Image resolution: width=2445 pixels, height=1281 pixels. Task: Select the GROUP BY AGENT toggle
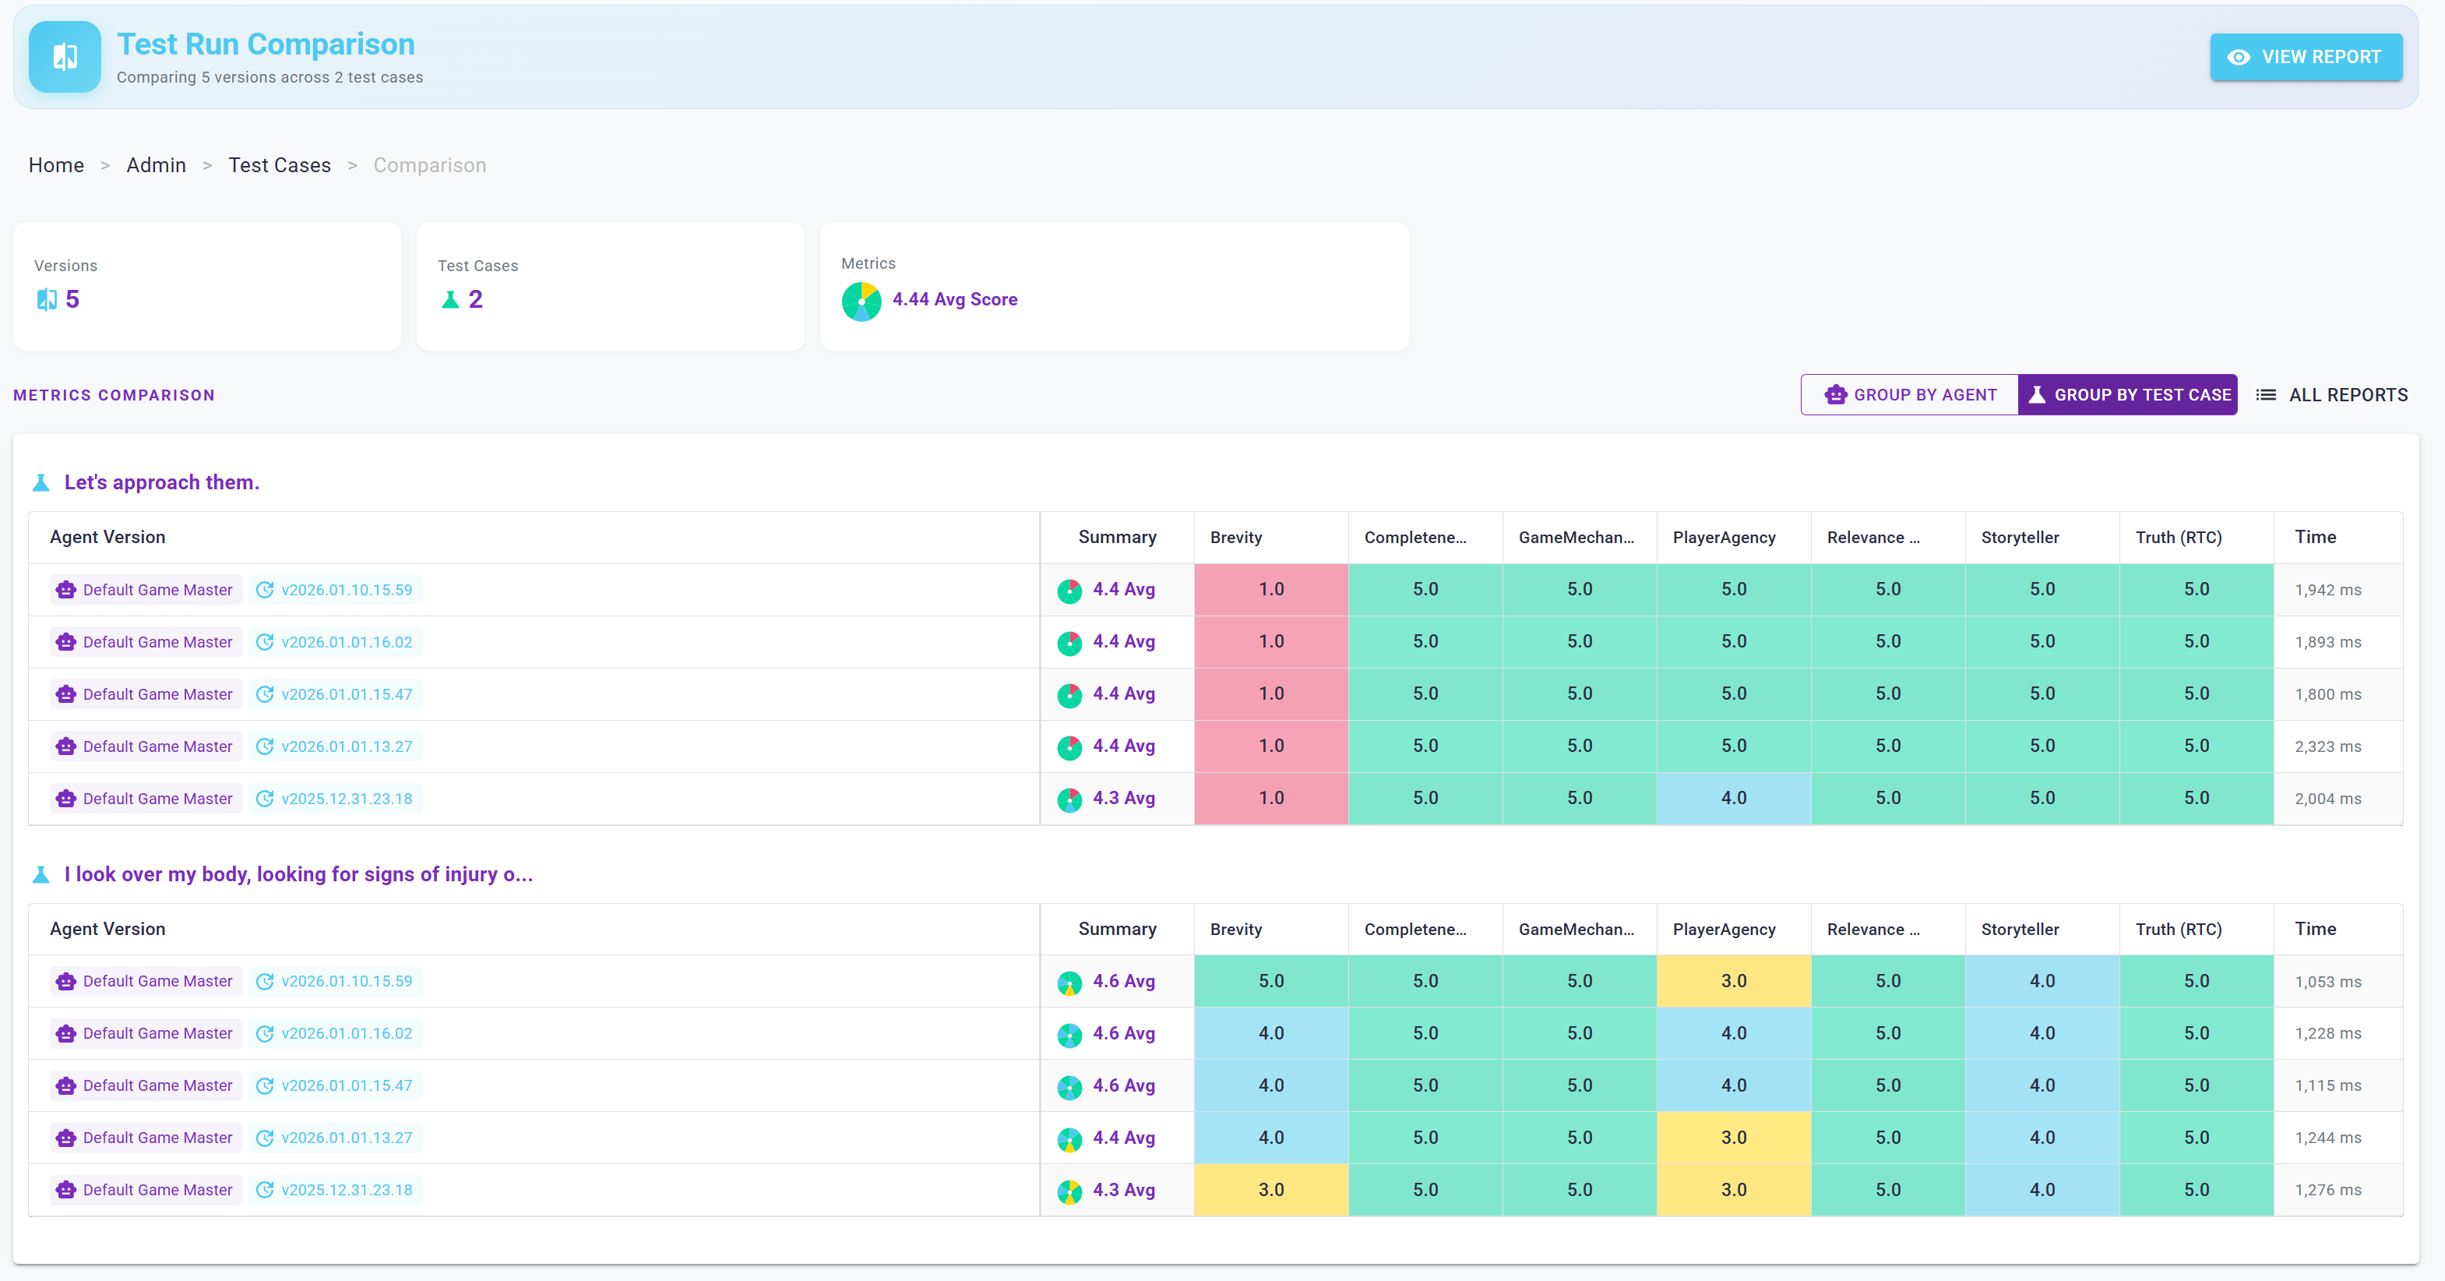tap(1909, 395)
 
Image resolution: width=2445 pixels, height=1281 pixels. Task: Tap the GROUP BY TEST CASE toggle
tap(2127, 395)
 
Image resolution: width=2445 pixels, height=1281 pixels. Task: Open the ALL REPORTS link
tap(2332, 395)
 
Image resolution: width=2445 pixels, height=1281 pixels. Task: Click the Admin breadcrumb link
tap(156, 165)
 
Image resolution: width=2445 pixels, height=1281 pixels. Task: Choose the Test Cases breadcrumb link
tap(279, 165)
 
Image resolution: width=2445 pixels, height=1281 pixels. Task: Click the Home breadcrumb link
tap(56, 165)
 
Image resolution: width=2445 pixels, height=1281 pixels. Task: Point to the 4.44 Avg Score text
tap(954, 299)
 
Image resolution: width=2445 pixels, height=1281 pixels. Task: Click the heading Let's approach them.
tap(161, 482)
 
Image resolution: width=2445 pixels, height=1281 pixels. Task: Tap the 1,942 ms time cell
tap(2327, 590)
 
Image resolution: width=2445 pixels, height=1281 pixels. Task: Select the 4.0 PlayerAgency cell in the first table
tap(1733, 799)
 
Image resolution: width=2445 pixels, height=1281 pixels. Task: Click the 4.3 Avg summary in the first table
tap(1123, 799)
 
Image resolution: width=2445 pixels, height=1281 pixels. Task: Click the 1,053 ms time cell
tap(2327, 982)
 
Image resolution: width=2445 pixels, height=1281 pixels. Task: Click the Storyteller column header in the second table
tap(2020, 930)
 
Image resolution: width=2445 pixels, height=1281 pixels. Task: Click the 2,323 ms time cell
tap(2327, 746)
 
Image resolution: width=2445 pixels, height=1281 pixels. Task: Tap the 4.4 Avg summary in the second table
tap(1123, 1138)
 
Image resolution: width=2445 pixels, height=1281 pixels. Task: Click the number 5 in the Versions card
tap(72, 300)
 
